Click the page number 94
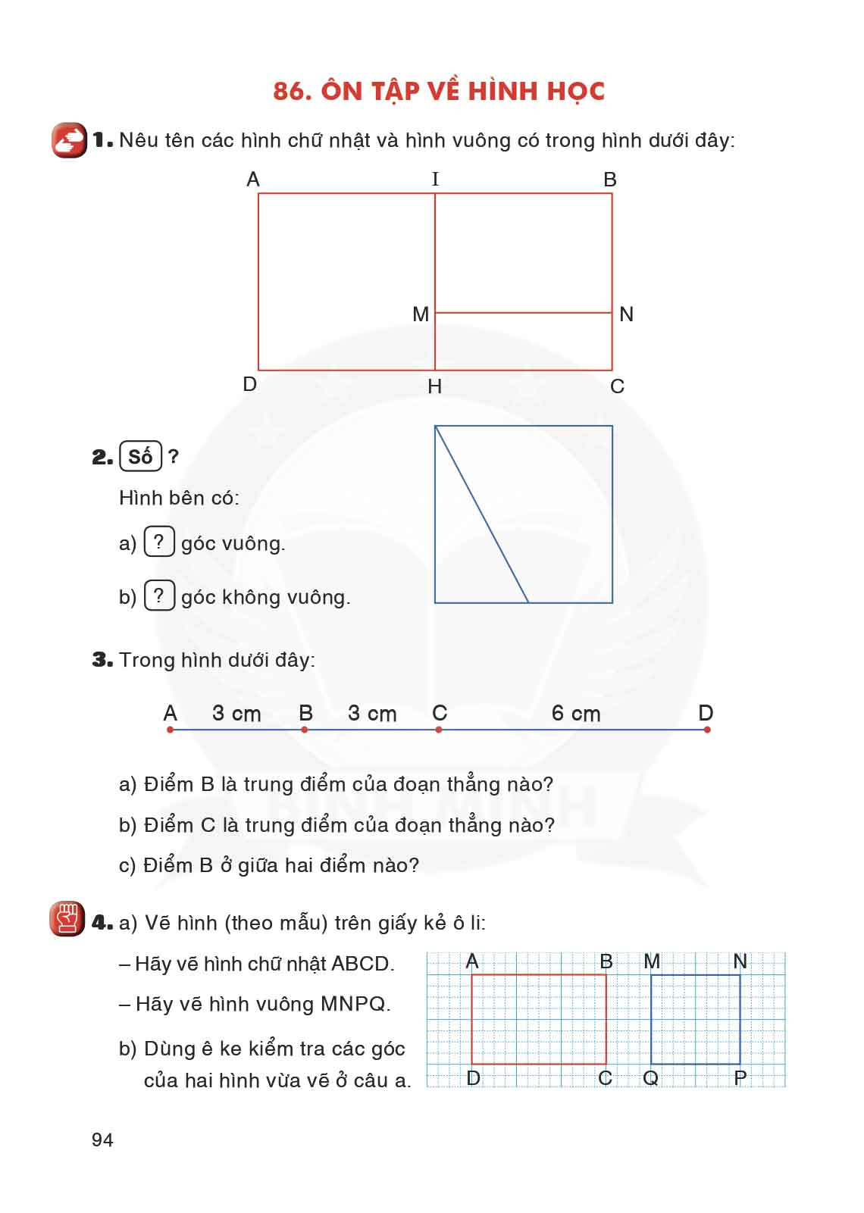pyautogui.click(x=102, y=1140)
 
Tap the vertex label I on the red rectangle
pyautogui.click(x=435, y=180)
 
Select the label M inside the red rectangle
pyautogui.click(x=421, y=314)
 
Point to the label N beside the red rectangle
pyautogui.click(x=626, y=314)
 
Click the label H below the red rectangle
pyautogui.click(x=434, y=386)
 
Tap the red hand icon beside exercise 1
pyautogui.click(x=69, y=140)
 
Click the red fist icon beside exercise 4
pyautogui.click(x=67, y=920)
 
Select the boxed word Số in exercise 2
pyautogui.click(x=140, y=457)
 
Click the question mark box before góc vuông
pyautogui.click(x=159, y=542)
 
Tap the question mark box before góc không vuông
pyautogui.click(x=159, y=596)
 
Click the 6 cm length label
pyautogui.click(x=576, y=714)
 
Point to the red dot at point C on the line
pyautogui.click(x=439, y=730)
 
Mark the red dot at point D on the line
pyautogui.click(x=707, y=730)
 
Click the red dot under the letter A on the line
pyautogui.click(x=170, y=730)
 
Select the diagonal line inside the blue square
pyautogui.click(x=482, y=514)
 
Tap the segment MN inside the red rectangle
pyautogui.click(x=523, y=312)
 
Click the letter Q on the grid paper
pyautogui.click(x=650, y=1077)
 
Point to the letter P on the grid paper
pyautogui.click(x=740, y=1077)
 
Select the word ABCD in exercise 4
pyautogui.click(x=360, y=964)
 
